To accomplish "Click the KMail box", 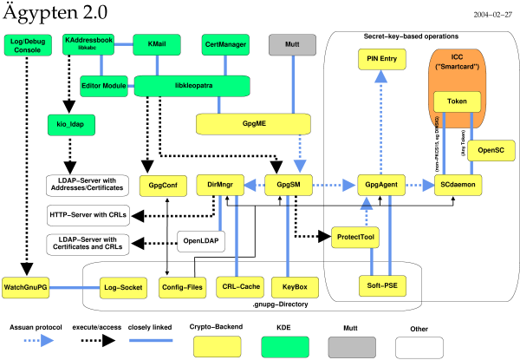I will coord(156,44).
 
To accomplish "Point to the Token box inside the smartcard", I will coord(456,102).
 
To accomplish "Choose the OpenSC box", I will coord(491,150).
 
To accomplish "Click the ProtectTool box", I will coord(357,236).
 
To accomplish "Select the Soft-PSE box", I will coord(383,285).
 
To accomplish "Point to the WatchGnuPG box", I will coord(24,285).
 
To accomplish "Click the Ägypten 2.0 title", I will coord(61,14).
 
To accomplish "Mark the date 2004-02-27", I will coord(493,16).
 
